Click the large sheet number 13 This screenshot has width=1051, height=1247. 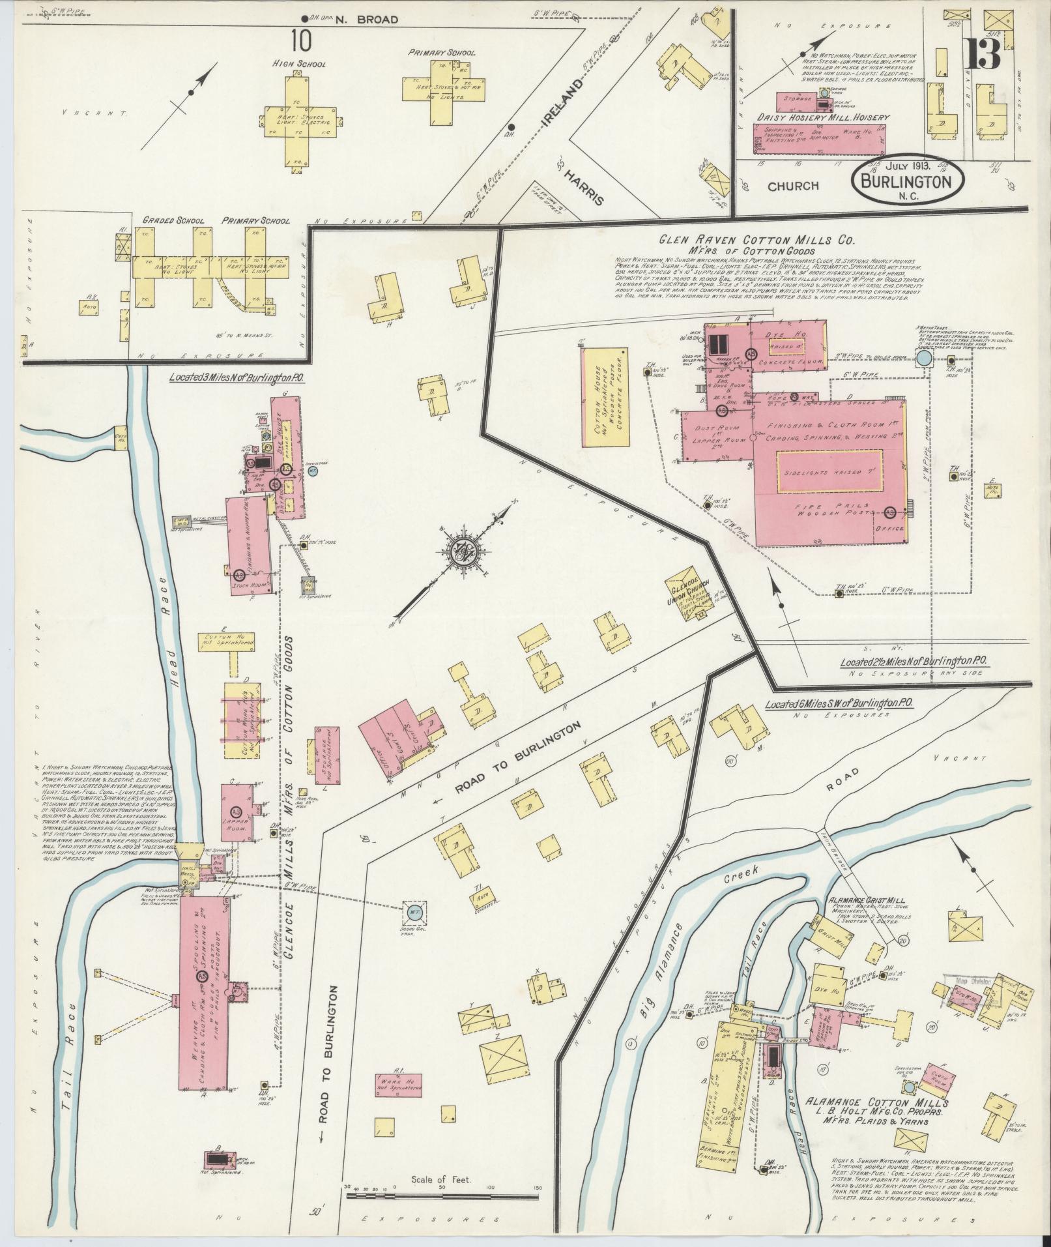click(x=983, y=54)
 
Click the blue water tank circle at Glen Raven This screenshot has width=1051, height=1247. click(x=924, y=359)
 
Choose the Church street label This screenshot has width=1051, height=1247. click(x=792, y=186)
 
